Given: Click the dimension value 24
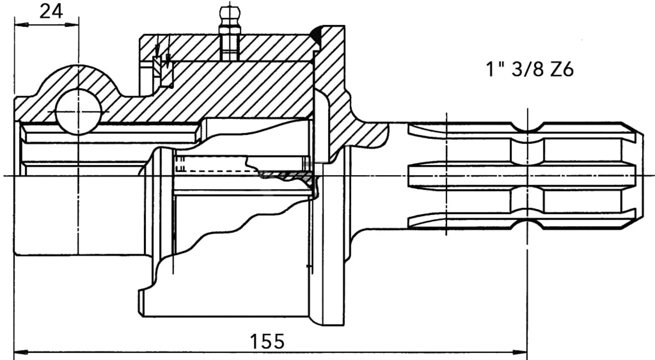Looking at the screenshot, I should click(51, 11).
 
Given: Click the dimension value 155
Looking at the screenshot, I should click(267, 341).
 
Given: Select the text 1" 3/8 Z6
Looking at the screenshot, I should click(529, 70).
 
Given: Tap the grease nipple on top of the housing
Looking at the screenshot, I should click(229, 16).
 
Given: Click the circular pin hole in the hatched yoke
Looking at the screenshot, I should click(78, 111).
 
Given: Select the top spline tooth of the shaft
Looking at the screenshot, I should click(471, 130).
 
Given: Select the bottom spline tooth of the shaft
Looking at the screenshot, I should click(471, 221).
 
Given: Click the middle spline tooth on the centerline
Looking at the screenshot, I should click(471, 176).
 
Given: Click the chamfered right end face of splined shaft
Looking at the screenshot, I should click(639, 176).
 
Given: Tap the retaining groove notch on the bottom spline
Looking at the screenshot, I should click(528, 224).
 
